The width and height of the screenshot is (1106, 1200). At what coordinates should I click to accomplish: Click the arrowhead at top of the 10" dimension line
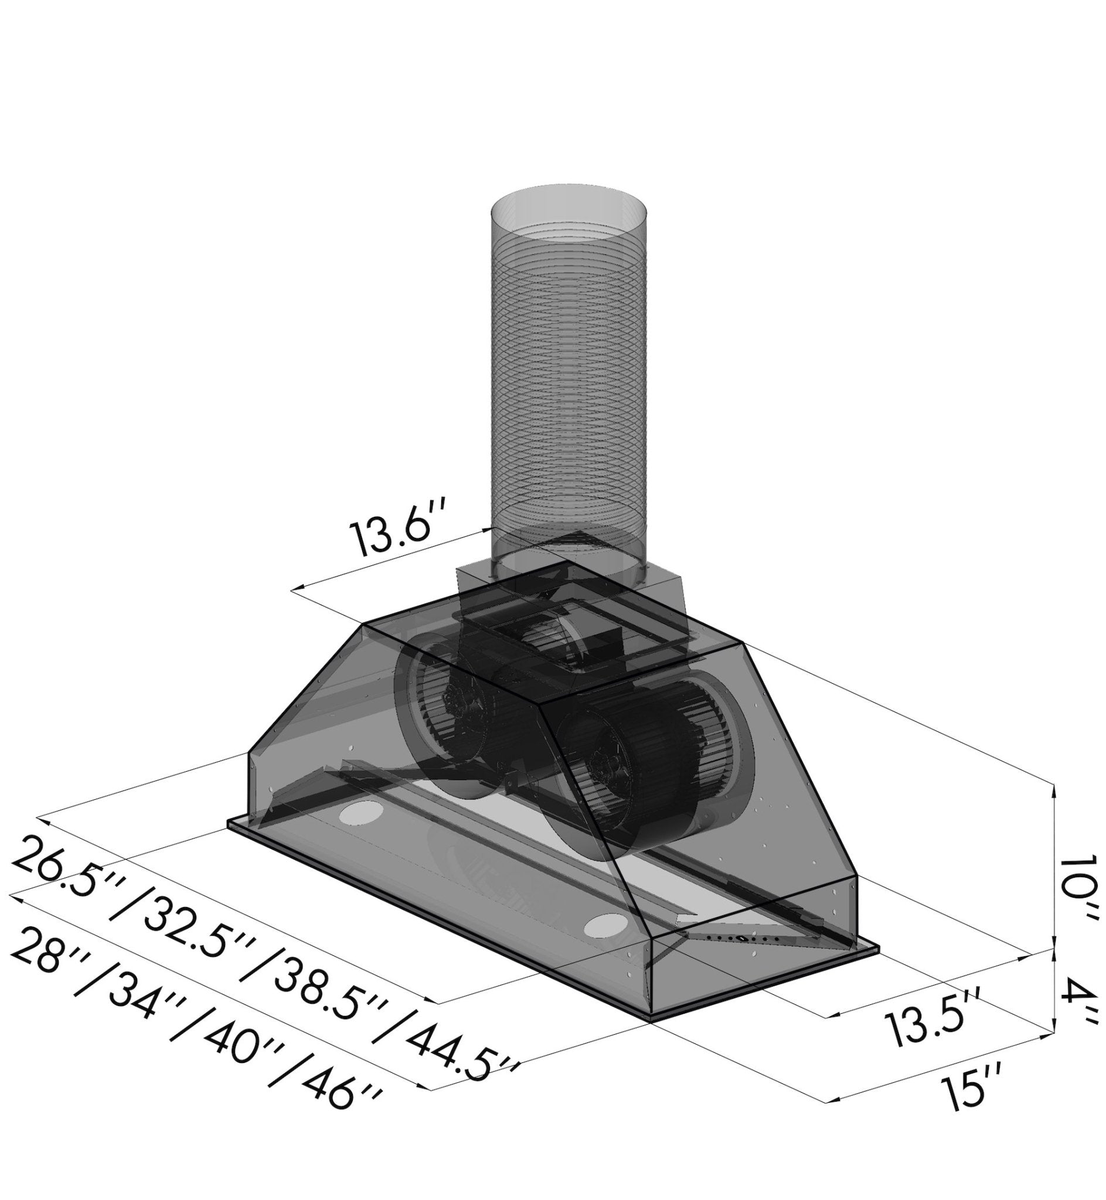point(1054,793)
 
